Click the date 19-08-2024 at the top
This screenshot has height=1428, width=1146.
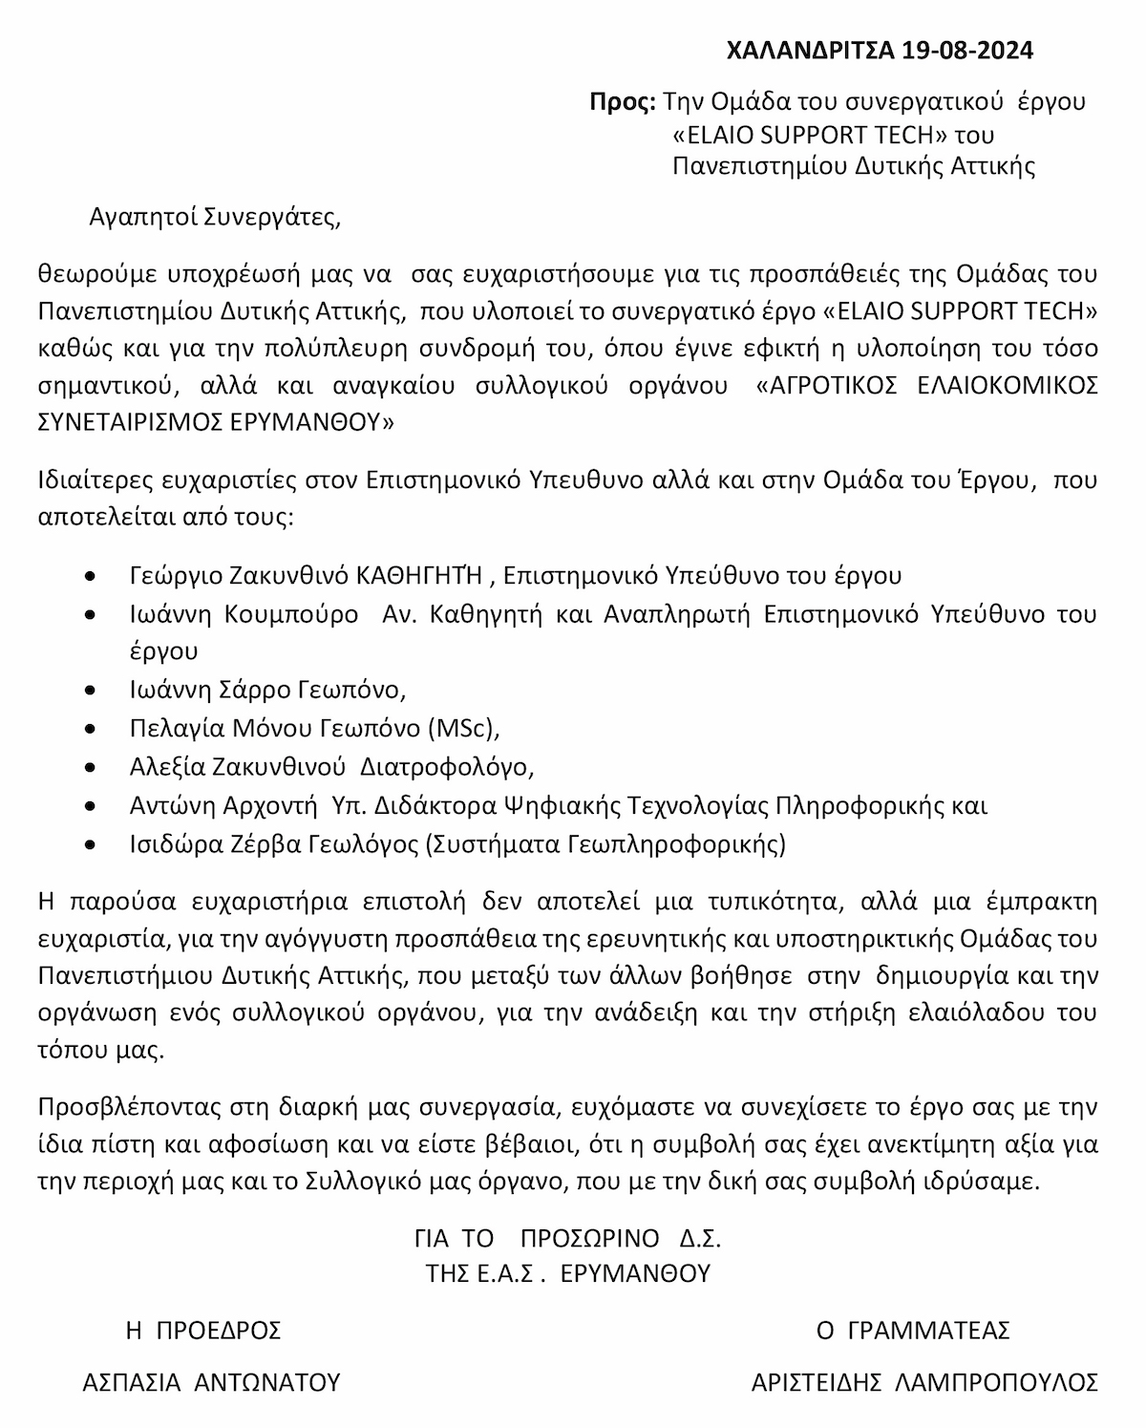(x=966, y=51)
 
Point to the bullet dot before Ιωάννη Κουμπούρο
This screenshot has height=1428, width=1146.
(x=90, y=615)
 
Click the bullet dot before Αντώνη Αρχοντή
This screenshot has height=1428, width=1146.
(x=90, y=806)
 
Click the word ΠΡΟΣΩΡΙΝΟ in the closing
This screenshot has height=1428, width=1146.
(x=590, y=1239)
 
